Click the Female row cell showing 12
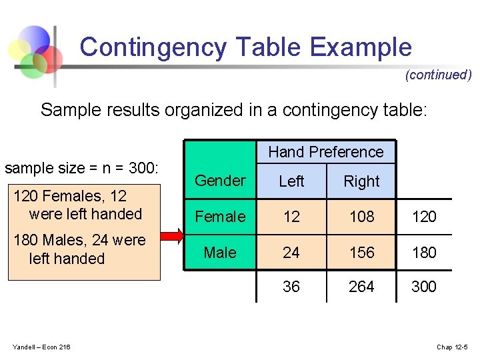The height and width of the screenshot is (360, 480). pos(291,217)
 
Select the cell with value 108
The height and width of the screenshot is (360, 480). pos(361,217)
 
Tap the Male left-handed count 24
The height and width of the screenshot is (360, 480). pos(291,253)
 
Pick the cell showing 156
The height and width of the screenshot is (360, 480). pos(361,253)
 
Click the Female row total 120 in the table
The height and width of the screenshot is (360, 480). pos(424,217)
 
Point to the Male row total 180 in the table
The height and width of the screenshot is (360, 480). pos(424,253)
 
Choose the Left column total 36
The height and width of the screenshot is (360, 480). pos(291,287)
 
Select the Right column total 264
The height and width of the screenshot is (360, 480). pos(361,287)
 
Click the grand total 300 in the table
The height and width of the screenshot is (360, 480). pos(424,287)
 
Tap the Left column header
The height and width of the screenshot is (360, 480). pos(291,181)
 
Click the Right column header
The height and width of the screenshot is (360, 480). pos(361,181)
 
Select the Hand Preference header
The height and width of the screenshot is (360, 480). pos(326,152)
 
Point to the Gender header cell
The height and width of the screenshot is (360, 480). pos(220,181)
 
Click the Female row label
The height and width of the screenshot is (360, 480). pos(220,217)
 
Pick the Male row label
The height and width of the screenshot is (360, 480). pos(220,253)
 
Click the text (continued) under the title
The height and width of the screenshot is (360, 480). pos(438,75)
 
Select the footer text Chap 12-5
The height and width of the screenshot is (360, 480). pos(453,347)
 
